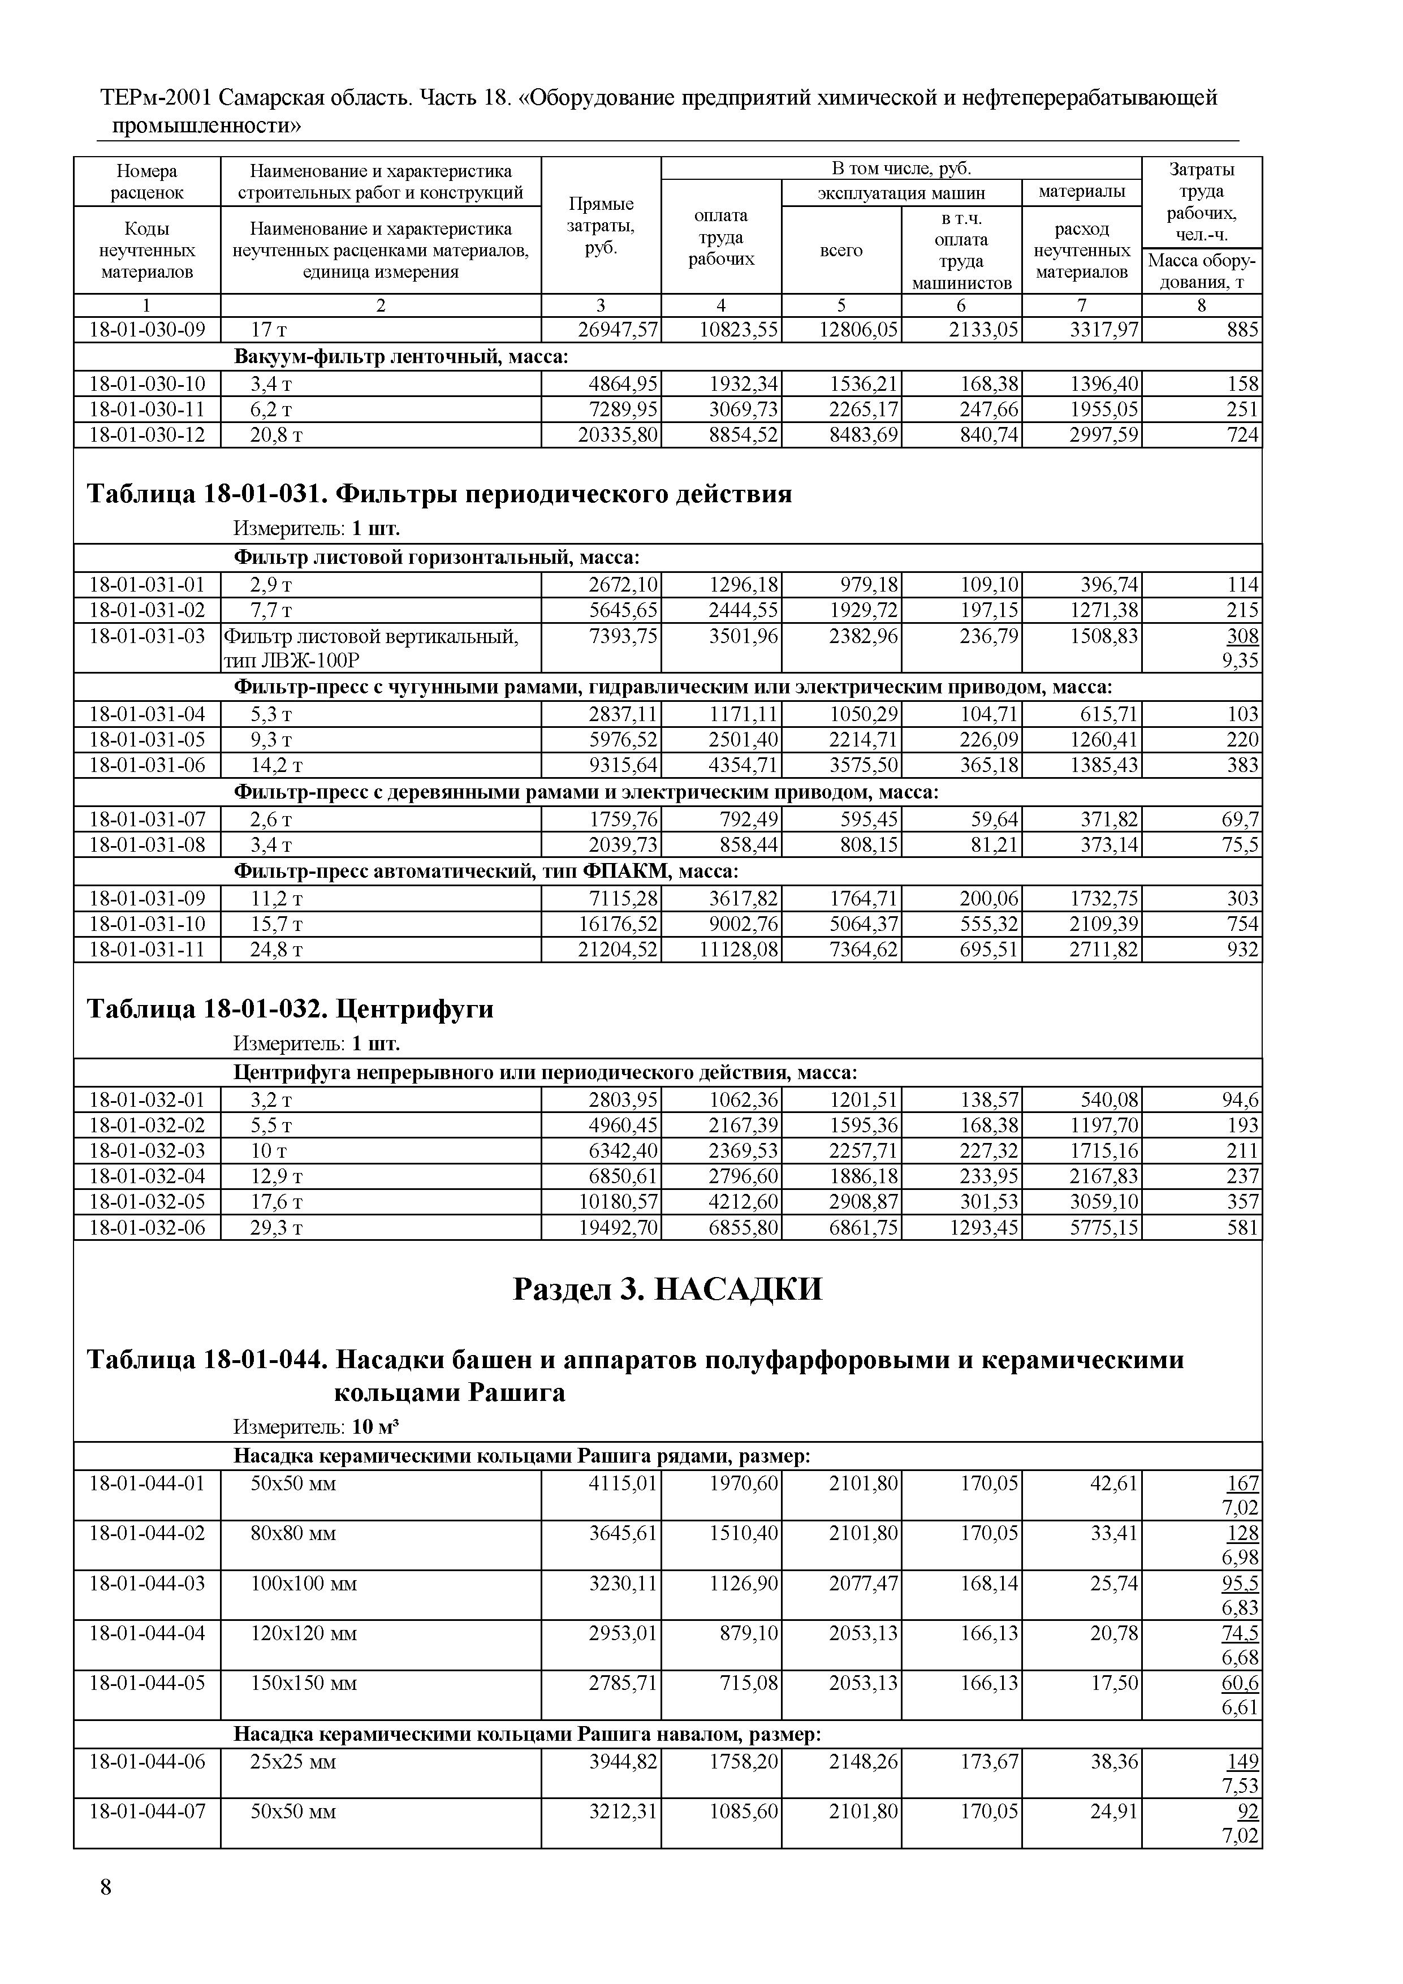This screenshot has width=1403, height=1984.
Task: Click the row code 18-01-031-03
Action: pyautogui.click(x=148, y=636)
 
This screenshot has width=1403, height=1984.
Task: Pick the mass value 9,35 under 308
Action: pyautogui.click(x=1241, y=661)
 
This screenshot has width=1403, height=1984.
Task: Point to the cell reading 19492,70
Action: pyautogui.click(x=618, y=1227)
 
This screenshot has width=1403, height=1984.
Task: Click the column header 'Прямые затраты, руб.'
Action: pyautogui.click(x=601, y=226)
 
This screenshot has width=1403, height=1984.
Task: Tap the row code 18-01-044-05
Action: pyautogui.click(x=148, y=1683)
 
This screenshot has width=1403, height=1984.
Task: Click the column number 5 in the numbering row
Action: pyautogui.click(x=841, y=305)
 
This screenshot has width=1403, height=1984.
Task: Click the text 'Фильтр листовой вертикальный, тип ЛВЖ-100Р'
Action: pyautogui.click(x=372, y=648)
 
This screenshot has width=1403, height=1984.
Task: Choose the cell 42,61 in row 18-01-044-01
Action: pyautogui.click(x=1115, y=1483)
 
